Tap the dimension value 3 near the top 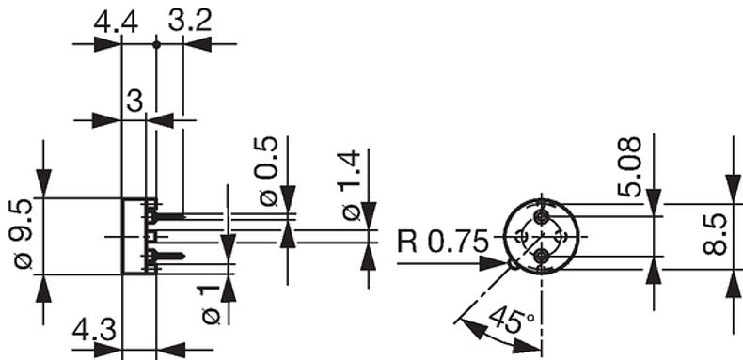tap(134, 101)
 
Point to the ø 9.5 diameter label tap(21, 234)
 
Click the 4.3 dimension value tap(94, 331)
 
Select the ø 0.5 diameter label tap(267, 171)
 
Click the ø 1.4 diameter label tap(349, 186)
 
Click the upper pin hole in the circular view tap(541, 216)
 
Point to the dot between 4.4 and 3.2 tap(156, 42)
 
